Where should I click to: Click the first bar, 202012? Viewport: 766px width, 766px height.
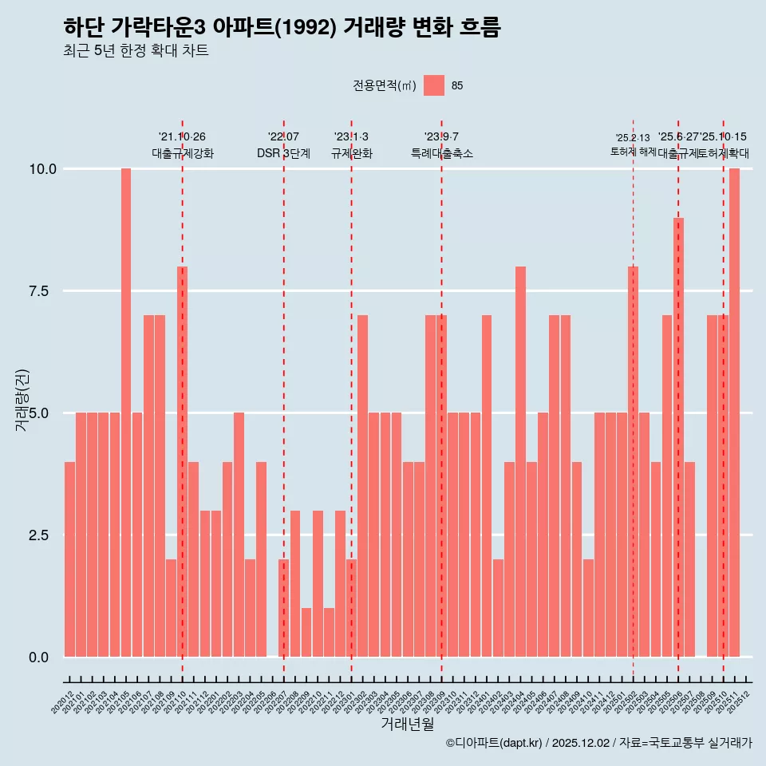(69, 559)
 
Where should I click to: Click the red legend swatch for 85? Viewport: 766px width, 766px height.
(434, 85)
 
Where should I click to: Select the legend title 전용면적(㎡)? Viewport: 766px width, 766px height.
(384, 85)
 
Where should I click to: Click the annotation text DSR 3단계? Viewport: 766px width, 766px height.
(283, 153)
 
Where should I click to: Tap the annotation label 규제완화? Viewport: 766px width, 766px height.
(352, 153)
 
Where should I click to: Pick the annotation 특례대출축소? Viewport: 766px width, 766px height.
(442, 153)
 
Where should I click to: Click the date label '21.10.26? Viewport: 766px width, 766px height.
(182, 137)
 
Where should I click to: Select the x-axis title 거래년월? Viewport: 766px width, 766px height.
(407, 724)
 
